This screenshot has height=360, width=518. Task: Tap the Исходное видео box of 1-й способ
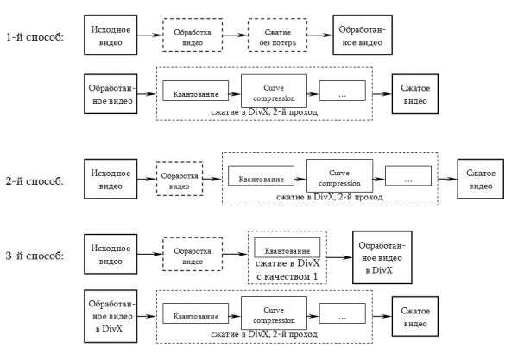109,36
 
